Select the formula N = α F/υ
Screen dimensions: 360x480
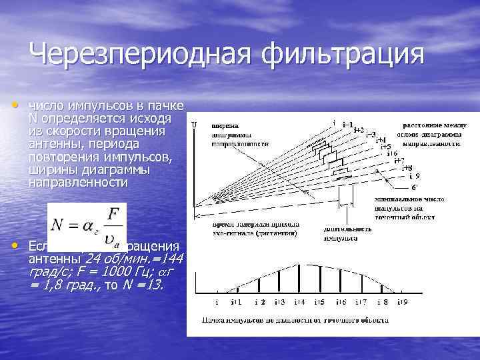point(87,223)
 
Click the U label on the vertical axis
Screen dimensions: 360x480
point(194,125)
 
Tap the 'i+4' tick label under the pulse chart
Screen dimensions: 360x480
point(298,303)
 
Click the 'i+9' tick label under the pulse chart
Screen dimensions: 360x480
point(403,303)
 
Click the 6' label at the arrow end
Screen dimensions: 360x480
point(414,187)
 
